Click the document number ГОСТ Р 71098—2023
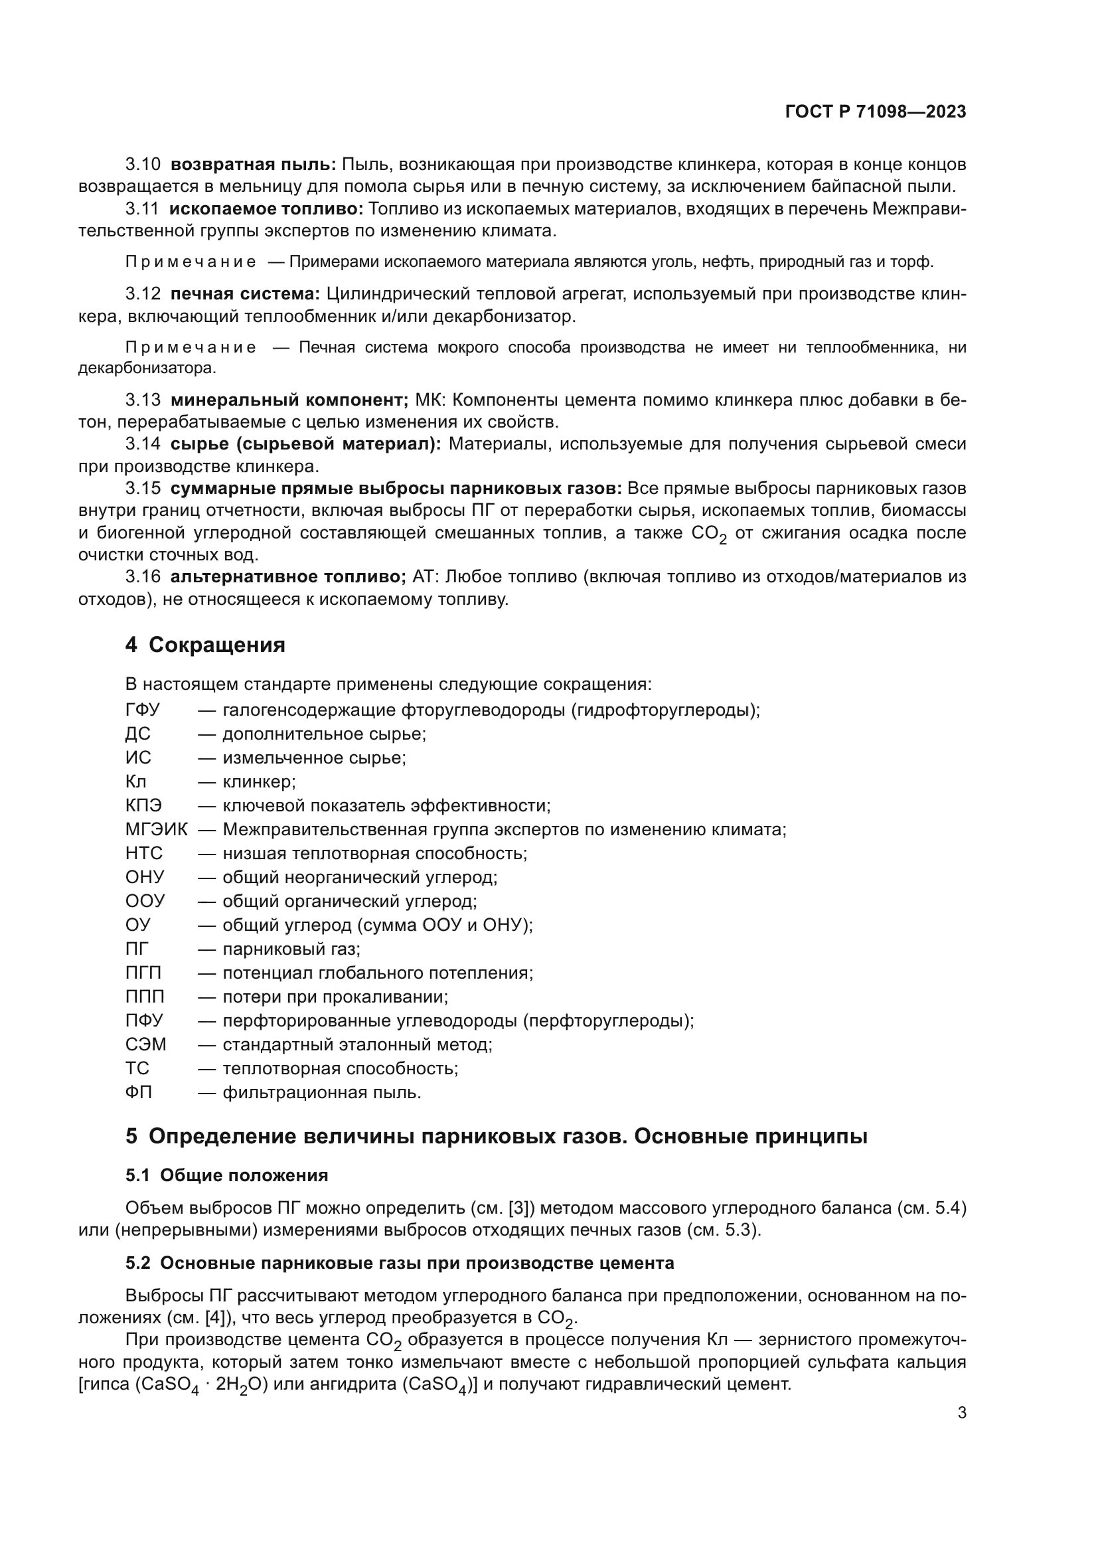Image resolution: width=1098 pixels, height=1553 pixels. coord(876,112)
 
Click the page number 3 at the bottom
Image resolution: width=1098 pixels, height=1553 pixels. coord(961,1412)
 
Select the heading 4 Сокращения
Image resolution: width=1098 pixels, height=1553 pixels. coord(205,645)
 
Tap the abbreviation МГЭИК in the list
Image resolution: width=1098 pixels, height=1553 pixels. coord(156,829)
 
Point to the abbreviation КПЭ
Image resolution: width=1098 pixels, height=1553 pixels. coord(143,805)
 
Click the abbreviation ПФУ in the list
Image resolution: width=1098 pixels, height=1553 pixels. coord(144,1020)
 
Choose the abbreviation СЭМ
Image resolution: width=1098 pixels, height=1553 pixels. coord(145,1044)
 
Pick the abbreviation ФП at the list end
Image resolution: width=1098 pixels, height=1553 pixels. coord(139,1092)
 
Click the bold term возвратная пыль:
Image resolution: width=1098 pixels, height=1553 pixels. coord(253,165)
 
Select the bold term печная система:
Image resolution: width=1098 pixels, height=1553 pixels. coord(245,293)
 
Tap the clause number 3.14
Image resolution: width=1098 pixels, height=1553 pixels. coord(143,444)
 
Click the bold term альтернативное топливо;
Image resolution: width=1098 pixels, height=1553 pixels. coord(287,577)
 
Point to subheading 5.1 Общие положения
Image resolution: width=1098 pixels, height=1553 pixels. coord(226,1176)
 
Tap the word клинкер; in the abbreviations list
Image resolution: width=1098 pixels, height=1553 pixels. coord(259,782)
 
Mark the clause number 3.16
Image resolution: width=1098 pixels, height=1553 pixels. coord(143,577)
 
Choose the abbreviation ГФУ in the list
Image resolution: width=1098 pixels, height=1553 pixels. coord(142,710)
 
